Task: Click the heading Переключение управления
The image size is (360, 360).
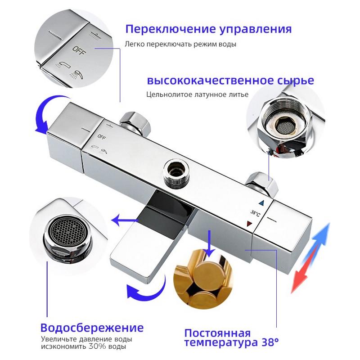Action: (208, 30)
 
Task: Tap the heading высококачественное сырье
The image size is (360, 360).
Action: (230, 81)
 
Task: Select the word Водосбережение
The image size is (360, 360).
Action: (92, 327)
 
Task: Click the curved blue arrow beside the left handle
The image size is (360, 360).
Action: (43, 115)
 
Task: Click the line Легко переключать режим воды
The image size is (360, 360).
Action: (180, 45)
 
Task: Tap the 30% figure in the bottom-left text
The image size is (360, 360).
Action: (101, 347)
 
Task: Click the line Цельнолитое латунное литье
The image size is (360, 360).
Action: (197, 94)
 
